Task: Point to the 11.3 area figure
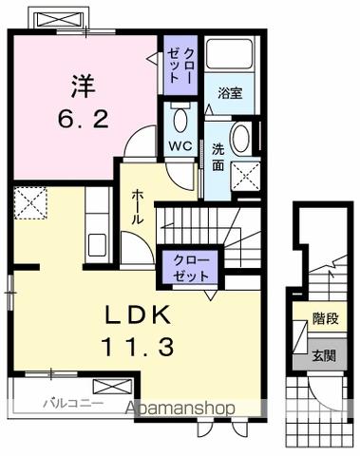[x=133, y=349]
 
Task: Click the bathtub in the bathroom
[x=231, y=58]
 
